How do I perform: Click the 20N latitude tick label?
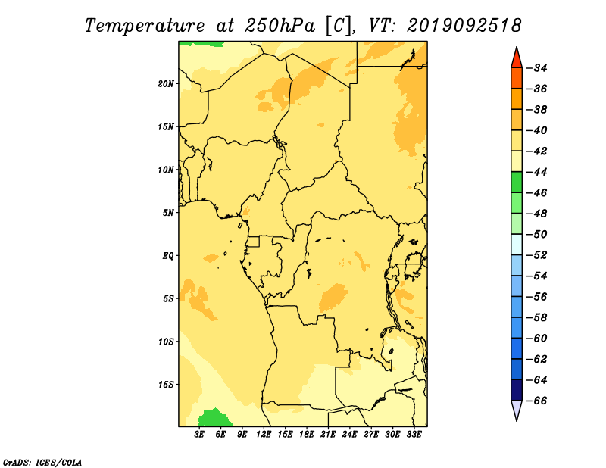166,84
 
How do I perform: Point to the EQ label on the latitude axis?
168,256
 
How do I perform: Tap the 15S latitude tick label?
166,385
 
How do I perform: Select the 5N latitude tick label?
168,213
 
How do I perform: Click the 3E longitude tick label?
199,434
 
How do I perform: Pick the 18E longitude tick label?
307,434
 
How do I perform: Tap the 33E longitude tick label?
414,434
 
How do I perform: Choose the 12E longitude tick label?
264,434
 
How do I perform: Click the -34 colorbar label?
537,68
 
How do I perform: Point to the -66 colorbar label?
537,401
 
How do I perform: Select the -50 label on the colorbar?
537,235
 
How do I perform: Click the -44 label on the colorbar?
537,172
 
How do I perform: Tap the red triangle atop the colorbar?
517,59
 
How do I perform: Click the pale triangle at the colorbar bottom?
517,409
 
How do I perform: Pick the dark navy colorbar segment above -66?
517,390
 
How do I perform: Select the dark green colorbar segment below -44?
517,183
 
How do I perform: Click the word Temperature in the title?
145,26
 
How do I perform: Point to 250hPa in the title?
280,26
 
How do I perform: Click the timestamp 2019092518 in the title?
464,26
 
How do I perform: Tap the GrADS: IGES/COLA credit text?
42,462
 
